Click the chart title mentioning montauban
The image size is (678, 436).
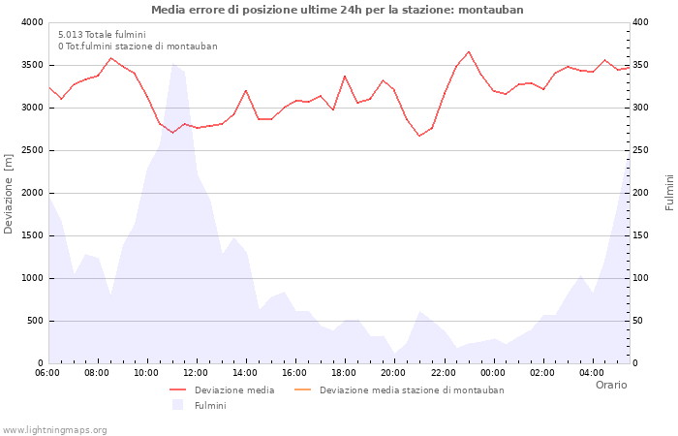click(337, 10)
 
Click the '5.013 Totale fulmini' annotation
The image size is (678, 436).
click(102, 34)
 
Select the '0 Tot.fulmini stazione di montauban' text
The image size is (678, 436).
click(138, 46)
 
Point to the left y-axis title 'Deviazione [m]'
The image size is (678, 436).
click(9, 193)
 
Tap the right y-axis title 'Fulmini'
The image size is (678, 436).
click(669, 193)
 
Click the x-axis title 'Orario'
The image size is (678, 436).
click(611, 385)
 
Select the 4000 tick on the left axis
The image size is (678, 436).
click(32, 22)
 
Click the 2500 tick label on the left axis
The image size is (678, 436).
click(32, 150)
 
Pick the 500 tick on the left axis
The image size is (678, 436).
click(35, 321)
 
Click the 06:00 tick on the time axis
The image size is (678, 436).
click(47, 372)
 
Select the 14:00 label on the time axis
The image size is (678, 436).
click(246, 372)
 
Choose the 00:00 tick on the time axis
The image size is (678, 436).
click(493, 372)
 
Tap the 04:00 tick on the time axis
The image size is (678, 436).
click(592, 372)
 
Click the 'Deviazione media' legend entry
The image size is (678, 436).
click(233, 390)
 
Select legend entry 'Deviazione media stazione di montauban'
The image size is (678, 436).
click(411, 390)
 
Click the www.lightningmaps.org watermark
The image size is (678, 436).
click(55, 429)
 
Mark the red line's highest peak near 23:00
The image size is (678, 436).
click(469, 51)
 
